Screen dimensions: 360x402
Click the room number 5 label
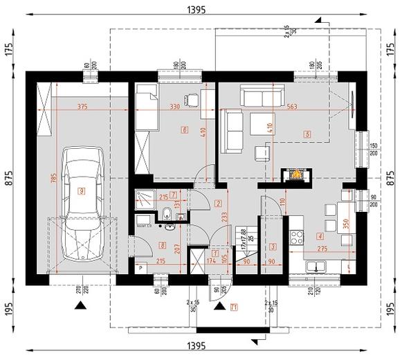point(307,134)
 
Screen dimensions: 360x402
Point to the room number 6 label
point(184,129)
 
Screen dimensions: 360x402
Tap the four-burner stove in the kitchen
point(298,237)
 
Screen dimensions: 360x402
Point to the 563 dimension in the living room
point(291,107)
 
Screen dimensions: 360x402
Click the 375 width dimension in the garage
point(83,107)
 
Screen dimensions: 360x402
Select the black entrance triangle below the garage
point(82,305)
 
